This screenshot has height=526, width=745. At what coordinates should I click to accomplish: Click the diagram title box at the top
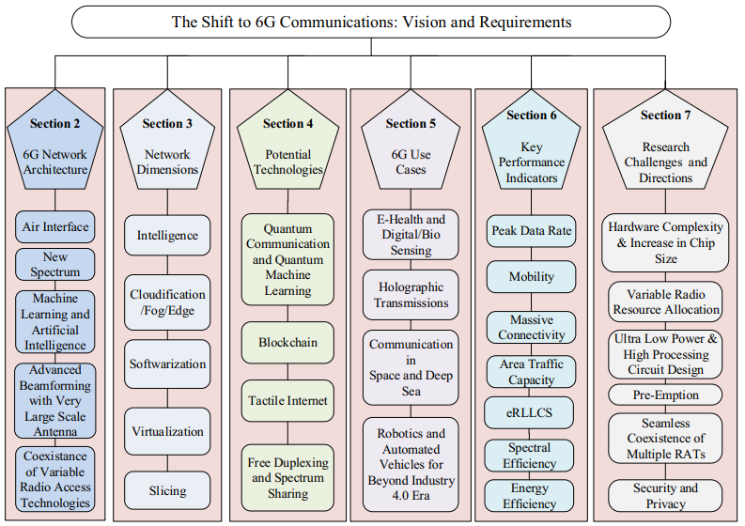click(x=370, y=22)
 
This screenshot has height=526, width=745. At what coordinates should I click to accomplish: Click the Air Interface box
click(x=55, y=227)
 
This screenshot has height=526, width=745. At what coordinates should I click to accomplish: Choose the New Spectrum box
click(x=55, y=264)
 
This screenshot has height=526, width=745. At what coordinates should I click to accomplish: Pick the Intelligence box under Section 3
click(x=167, y=235)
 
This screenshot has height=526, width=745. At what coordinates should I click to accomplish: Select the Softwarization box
click(x=167, y=364)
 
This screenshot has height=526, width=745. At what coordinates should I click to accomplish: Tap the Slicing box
click(x=167, y=490)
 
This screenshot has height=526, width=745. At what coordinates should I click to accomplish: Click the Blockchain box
click(x=287, y=342)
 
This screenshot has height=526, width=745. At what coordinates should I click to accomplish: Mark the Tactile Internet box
click(x=287, y=400)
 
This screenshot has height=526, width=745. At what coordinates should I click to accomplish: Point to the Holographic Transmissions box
click(x=411, y=295)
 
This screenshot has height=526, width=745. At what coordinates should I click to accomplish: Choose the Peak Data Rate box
click(x=531, y=231)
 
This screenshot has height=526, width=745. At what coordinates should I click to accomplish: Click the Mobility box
click(x=531, y=276)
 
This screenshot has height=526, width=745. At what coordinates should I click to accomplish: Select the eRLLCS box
click(x=529, y=412)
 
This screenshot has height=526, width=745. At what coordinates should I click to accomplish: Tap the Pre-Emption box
click(x=665, y=394)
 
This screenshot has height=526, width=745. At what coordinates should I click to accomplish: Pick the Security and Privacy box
click(x=665, y=496)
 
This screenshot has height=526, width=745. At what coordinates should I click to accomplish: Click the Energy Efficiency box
click(x=529, y=496)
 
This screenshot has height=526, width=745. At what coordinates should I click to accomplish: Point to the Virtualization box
click(x=167, y=431)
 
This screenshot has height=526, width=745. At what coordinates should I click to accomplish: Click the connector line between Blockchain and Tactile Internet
click(x=287, y=372)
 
